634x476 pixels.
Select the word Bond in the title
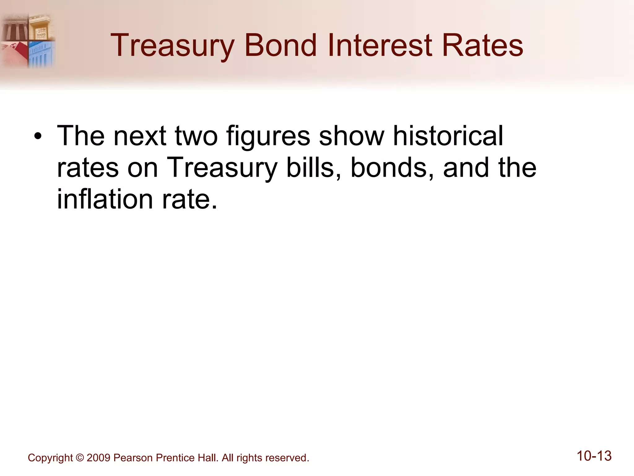click(x=280, y=46)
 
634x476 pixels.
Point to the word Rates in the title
click(x=482, y=46)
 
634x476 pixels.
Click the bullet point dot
click(x=38, y=136)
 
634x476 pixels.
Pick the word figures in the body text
click(x=268, y=136)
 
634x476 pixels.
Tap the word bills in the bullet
click(x=313, y=167)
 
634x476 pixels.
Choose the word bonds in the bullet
click(x=392, y=167)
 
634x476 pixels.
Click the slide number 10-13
click(x=594, y=456)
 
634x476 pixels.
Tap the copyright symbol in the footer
click(x=80, y=458)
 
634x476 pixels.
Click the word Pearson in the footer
click(x=133, y=458)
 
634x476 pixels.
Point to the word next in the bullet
click(x=140, y=136)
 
